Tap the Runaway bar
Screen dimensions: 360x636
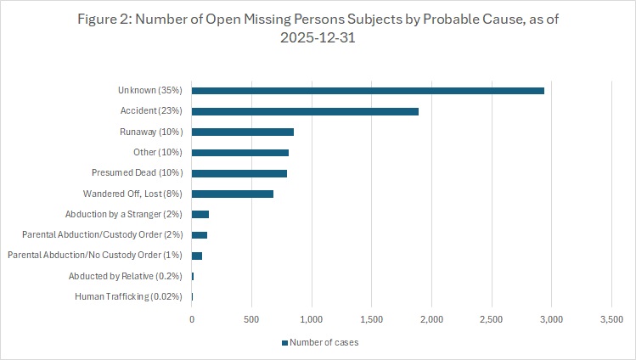pos(243,132)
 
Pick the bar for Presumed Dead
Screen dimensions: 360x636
pos(239,173)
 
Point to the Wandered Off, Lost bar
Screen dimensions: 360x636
pos(233,194)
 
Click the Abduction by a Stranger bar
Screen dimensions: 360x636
pos(200,214)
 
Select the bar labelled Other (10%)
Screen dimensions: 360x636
pos(240,153)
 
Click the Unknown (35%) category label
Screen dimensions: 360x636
pos(153,91)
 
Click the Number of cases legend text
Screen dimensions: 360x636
pos(323,343)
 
